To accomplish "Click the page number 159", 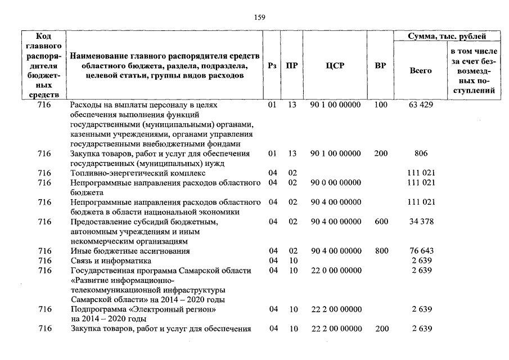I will click(x=259, y=17).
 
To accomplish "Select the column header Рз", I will click(x=273, y=65).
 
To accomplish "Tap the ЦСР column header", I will click(x=335, y=65).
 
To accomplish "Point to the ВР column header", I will click(x=381, y=65).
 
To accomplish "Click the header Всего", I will click(x=421, y=71).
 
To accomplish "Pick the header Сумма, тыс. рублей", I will click(x=447, y=37).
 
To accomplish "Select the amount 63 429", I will click(x=421, y=105).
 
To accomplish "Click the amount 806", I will click(x=421, y=153).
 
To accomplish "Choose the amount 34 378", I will click(x=421, y=222).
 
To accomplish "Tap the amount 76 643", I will click(x=421, y=251).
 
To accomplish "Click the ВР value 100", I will click(x=381, y=105).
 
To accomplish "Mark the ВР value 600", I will click(x=381, y=222).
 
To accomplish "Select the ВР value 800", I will click(x=381, y=251).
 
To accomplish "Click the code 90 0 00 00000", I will click(x=335, y=182).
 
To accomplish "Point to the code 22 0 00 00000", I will click(x=335, y=271).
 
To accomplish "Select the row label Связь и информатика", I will click(x=110, y=261).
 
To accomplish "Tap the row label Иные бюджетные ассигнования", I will click(x=129, y=251).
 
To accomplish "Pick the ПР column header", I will click(x=291, y=65).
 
